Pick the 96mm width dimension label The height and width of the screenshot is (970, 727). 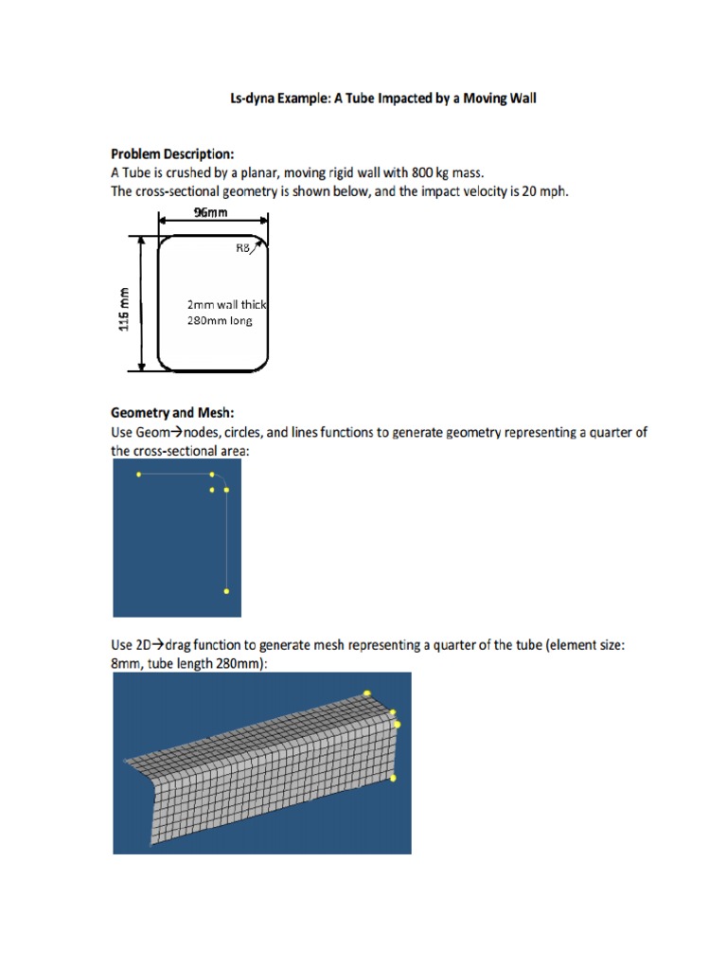point(211,213)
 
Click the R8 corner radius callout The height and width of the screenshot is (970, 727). point(242,249)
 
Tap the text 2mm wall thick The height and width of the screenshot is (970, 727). point(228,305)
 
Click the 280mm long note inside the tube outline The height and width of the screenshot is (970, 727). point(221,320)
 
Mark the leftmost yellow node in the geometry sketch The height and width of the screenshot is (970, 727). point(139,474)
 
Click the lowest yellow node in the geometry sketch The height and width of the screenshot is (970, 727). point(226,591)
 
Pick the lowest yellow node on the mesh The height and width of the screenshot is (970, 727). point(393,778)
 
